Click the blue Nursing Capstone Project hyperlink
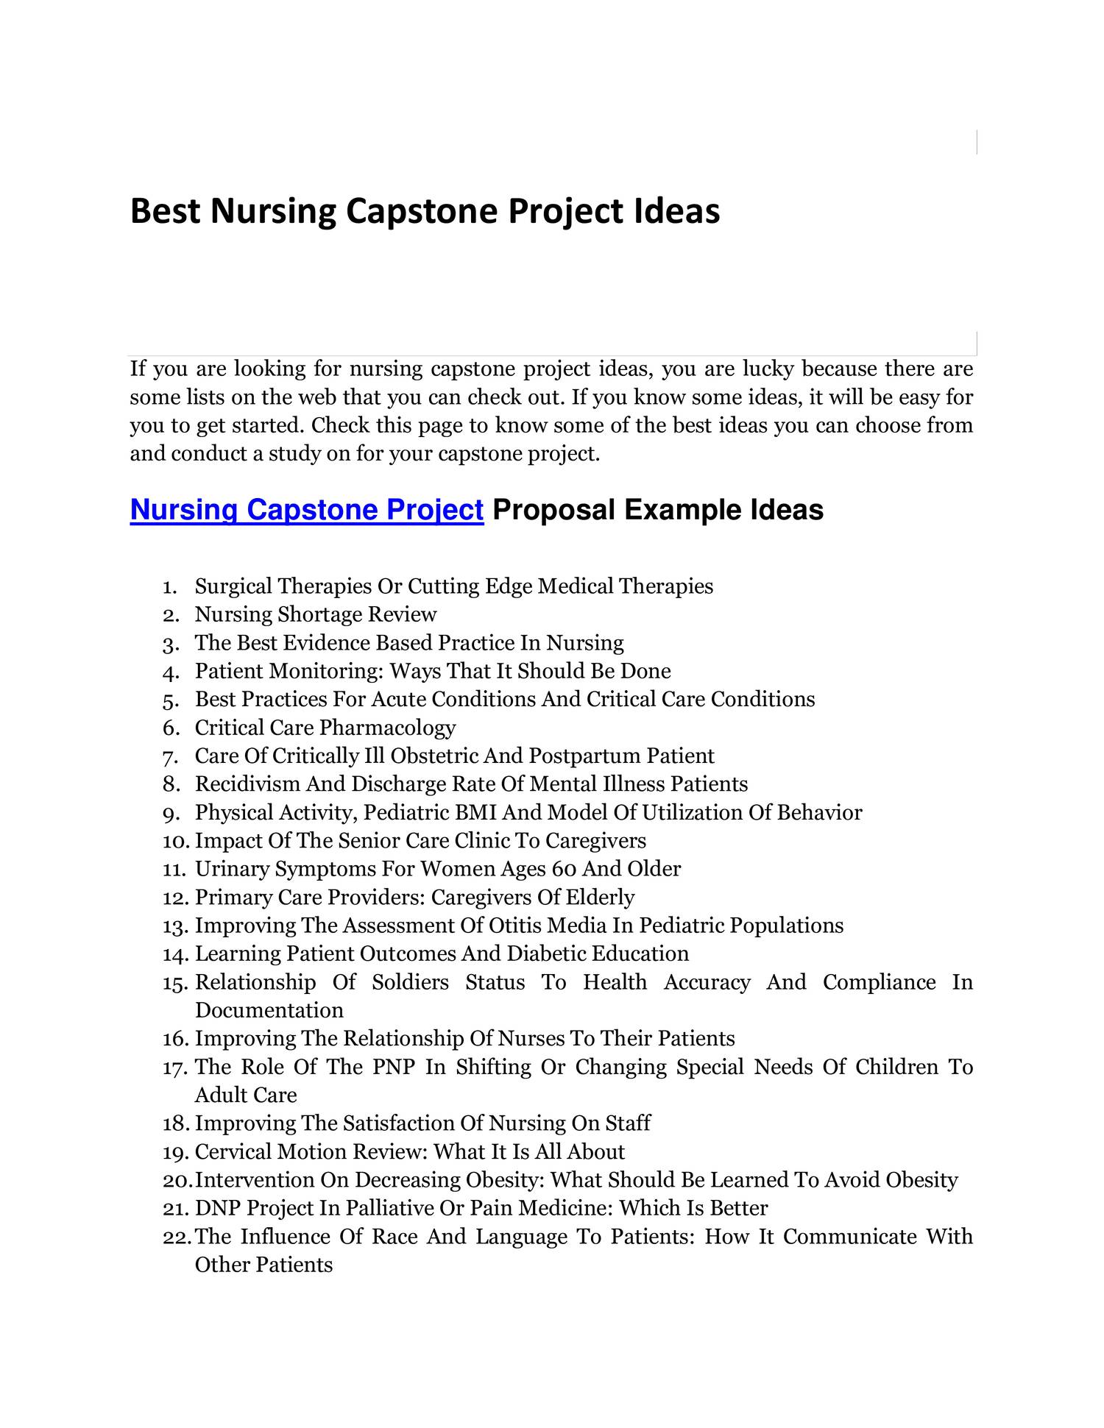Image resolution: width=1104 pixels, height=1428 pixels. [x=306, y=510]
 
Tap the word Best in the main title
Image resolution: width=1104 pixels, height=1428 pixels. [x=165, y=211]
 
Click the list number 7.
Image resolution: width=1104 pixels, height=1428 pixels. [x=171, y=757]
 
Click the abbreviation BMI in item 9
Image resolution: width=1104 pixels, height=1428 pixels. [x=476, y=813]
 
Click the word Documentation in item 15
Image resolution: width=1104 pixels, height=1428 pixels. [x=269, y=1010]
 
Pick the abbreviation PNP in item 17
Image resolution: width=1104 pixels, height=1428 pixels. [x=394, y=1067]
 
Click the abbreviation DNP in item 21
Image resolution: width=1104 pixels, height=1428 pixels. [x=218, y=1208]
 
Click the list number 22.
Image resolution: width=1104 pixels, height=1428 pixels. [x=177, y=1237]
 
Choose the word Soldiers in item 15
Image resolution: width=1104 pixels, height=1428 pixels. [x=410, y=982]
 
